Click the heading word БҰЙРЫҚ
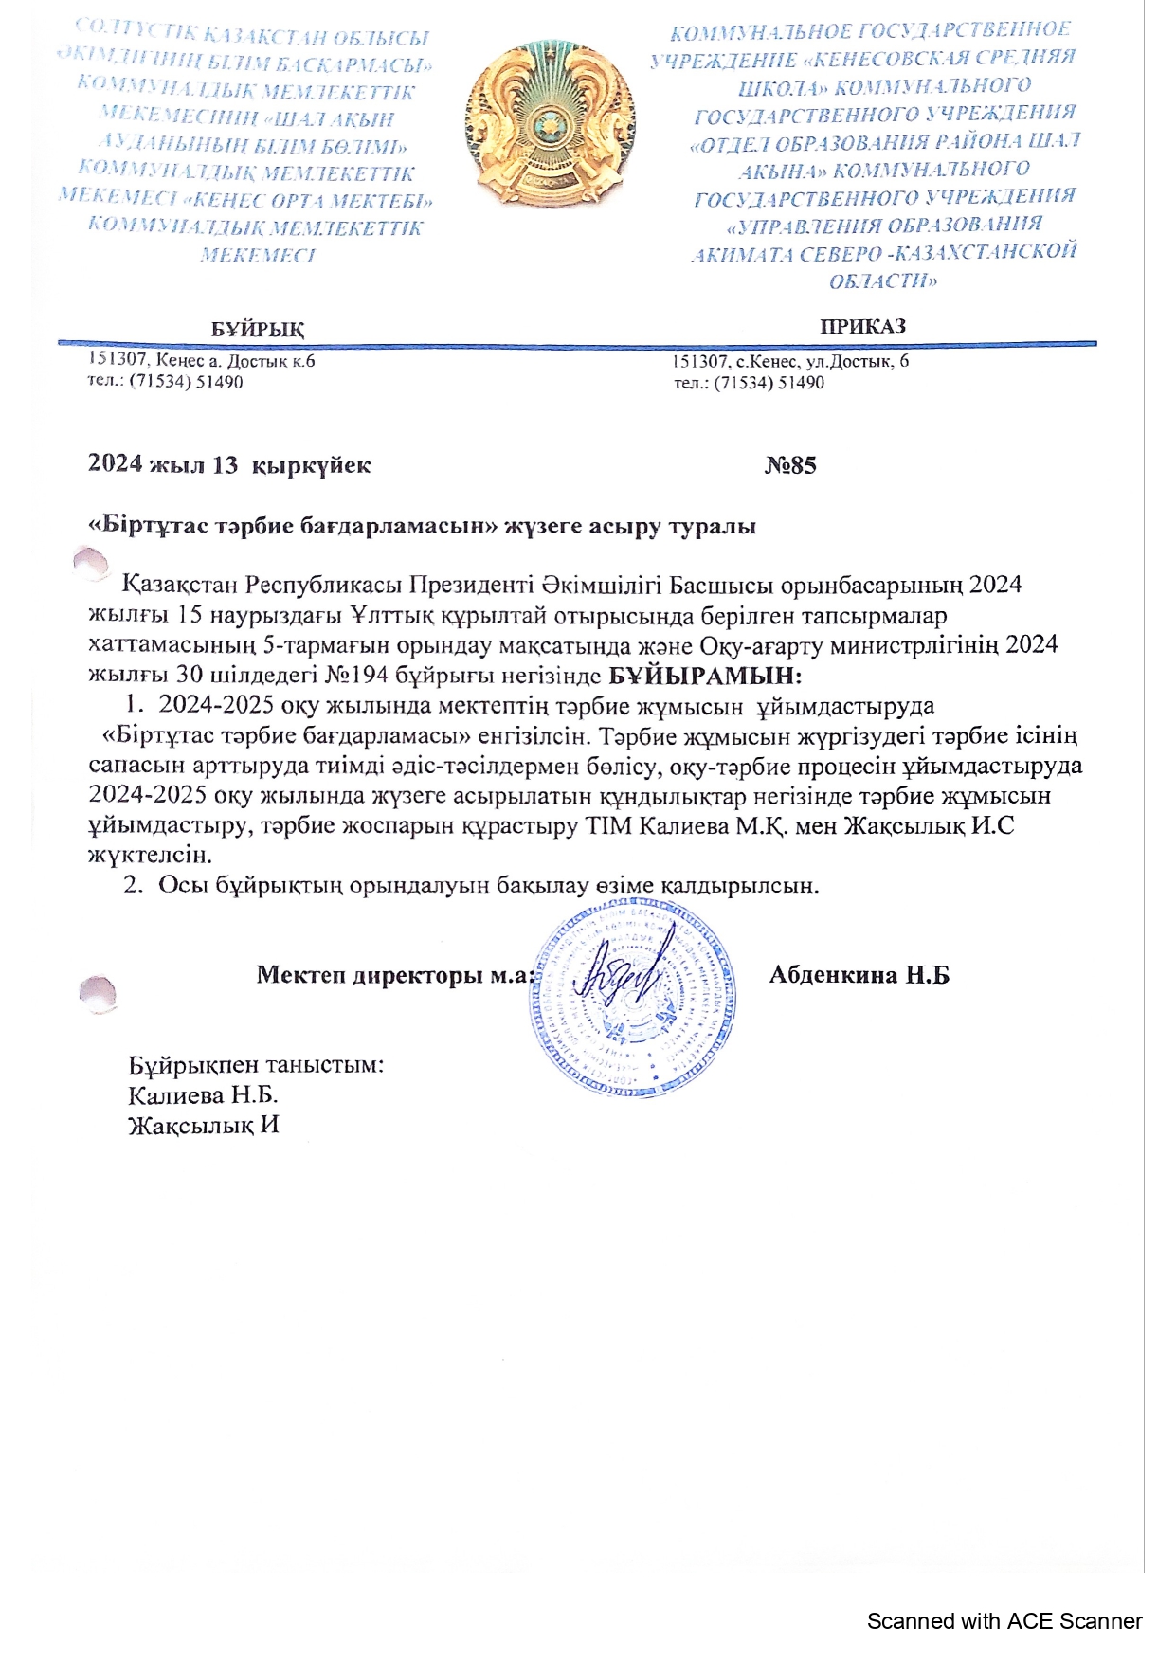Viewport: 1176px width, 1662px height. [258, 330]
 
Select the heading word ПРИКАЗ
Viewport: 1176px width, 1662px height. [862, 326]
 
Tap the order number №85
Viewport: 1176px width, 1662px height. [790, 465]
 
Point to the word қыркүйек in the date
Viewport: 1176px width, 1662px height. [314, 465]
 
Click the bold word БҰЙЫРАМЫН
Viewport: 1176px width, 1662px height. [704, 676]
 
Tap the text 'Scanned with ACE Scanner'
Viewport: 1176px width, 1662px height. [1004, 1621]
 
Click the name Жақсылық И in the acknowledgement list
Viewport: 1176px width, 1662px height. [204, 1126]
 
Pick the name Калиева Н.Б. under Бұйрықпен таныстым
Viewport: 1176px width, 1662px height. [203, 1095]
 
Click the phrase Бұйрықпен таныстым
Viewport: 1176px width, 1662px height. [256, 1064]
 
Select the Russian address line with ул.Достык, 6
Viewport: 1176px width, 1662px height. [790, 361]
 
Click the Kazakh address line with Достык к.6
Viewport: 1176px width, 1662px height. [201, 361]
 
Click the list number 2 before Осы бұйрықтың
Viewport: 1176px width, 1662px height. [131, 885]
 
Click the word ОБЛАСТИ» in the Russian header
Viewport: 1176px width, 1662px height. [882, 281]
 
